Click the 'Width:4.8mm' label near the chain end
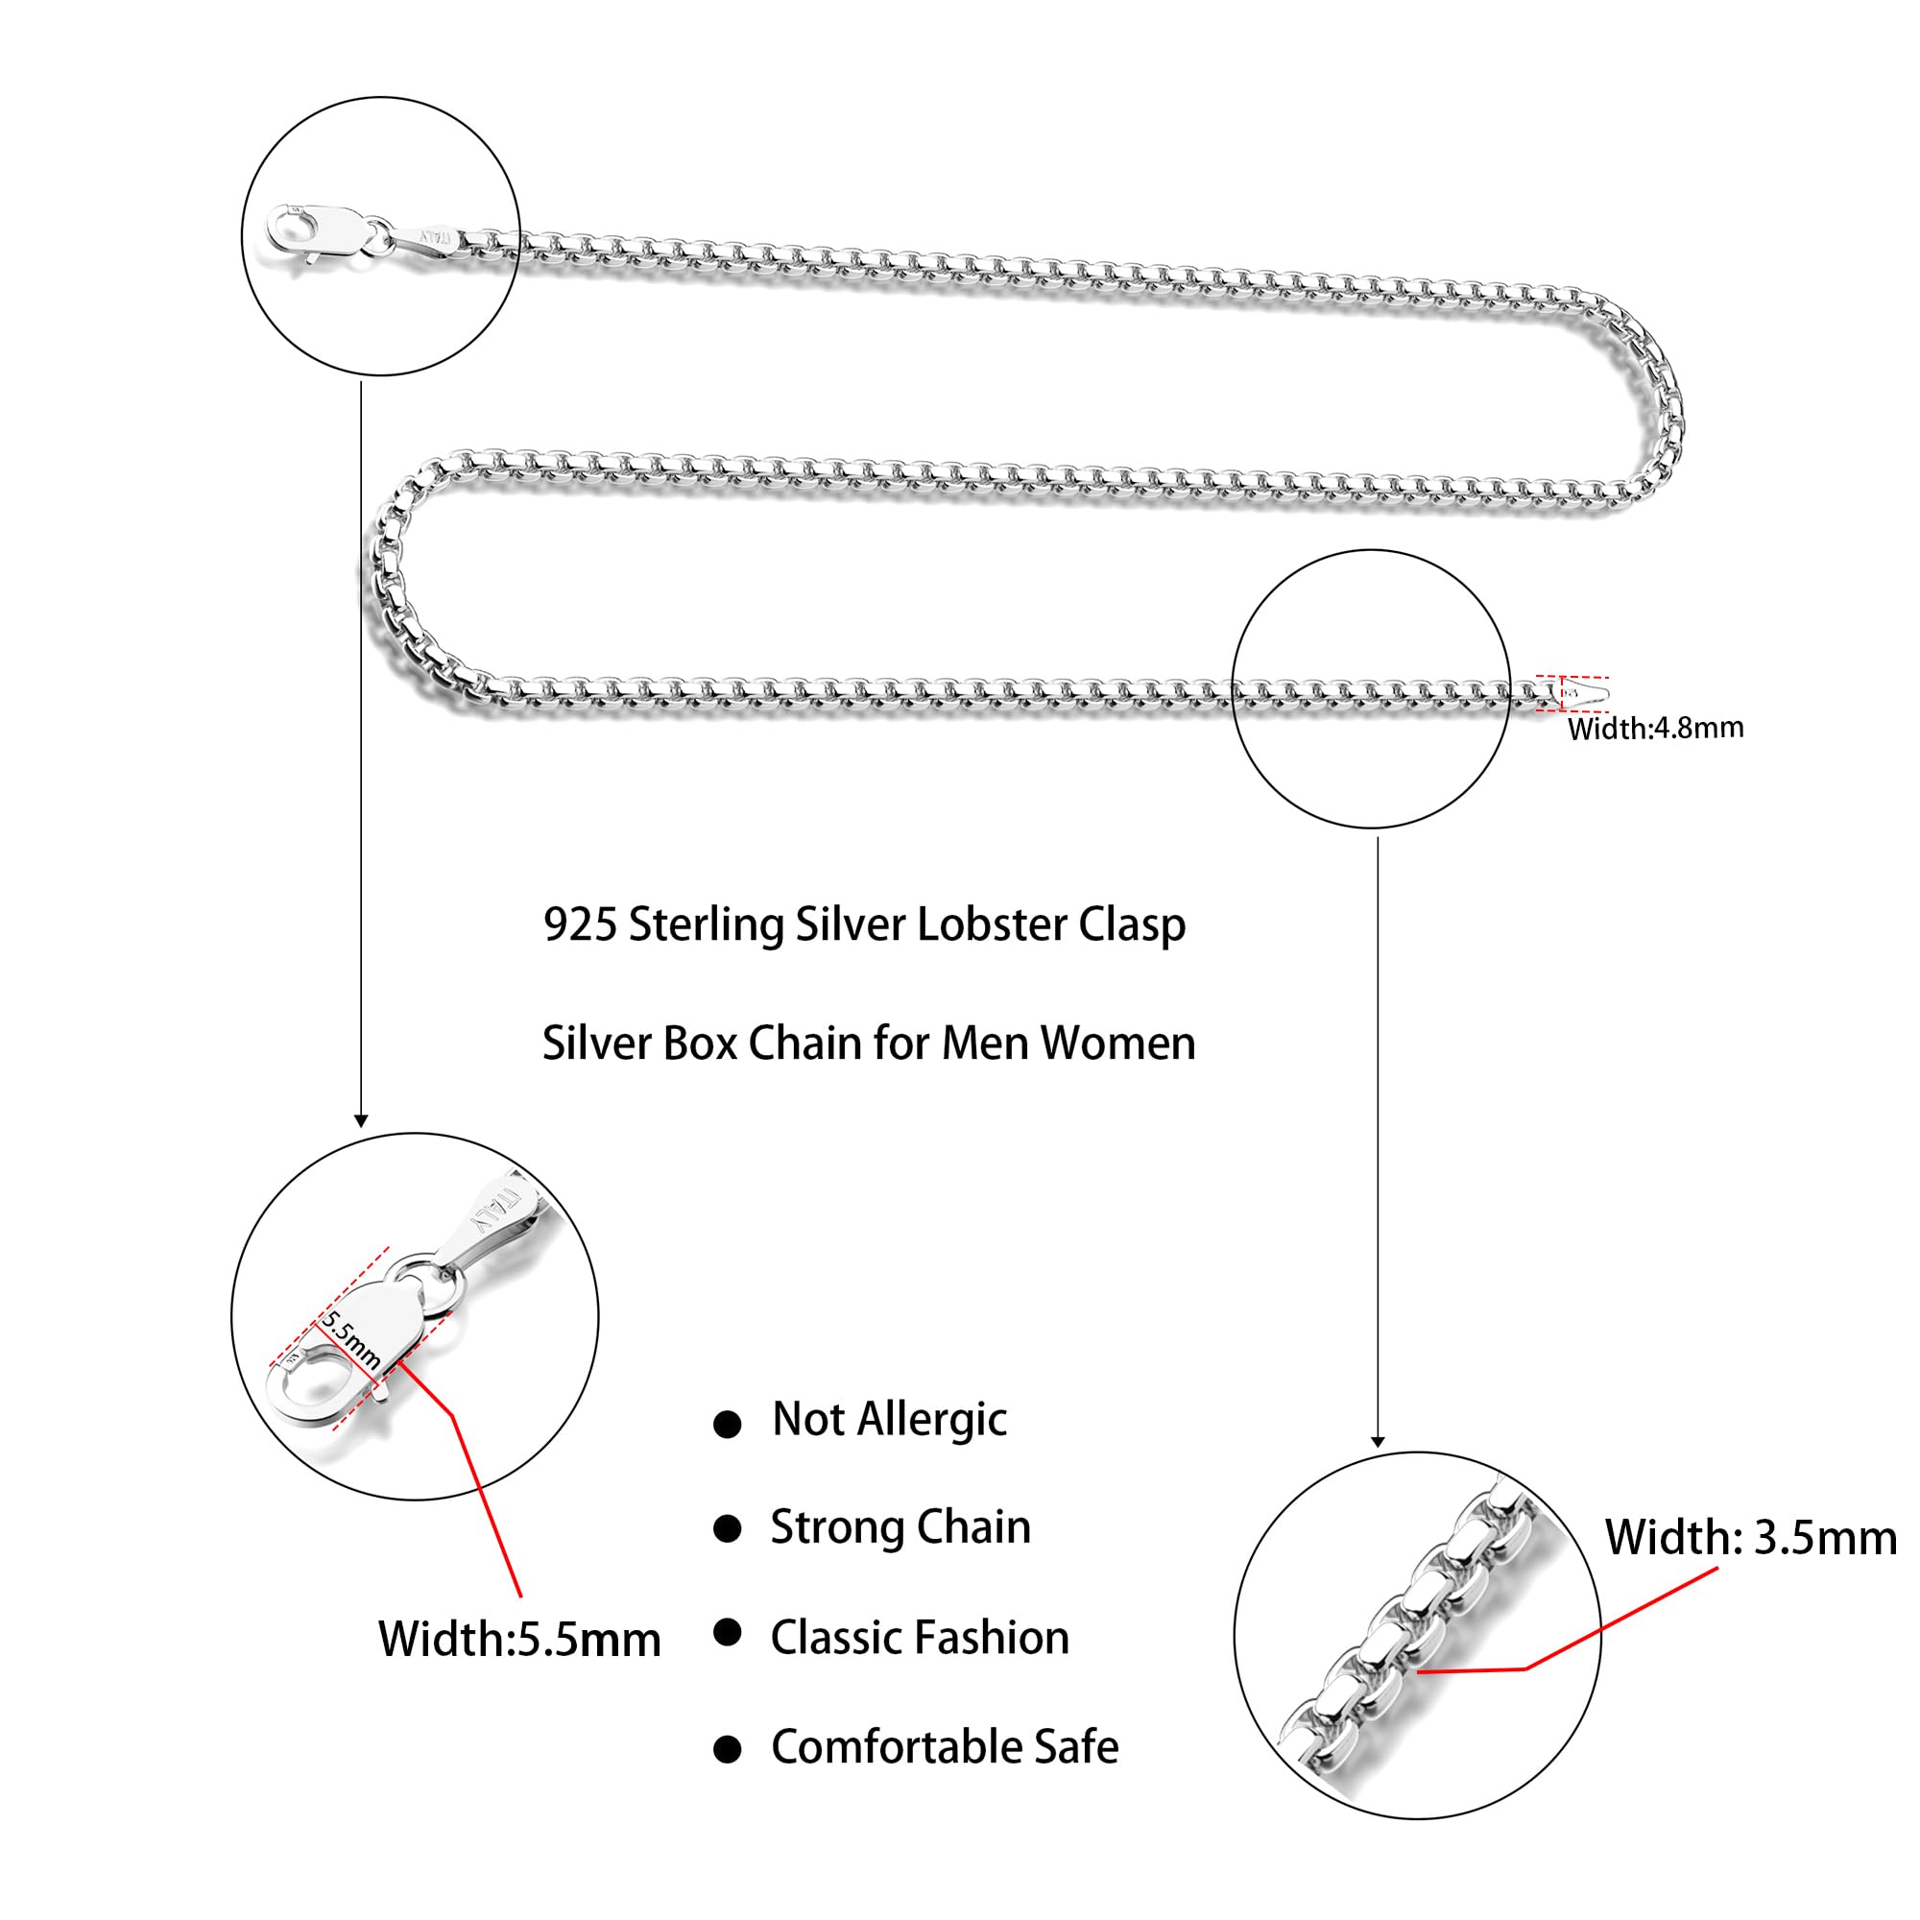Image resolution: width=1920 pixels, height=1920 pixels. (1655, 729)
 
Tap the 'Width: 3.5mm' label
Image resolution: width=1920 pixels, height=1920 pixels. (1750, 1537)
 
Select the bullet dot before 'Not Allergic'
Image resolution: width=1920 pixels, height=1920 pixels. (728, 1425)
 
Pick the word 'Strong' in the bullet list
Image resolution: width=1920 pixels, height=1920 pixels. (836, 1528)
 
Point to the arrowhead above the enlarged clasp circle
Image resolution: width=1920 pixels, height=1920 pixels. (361, 1121)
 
